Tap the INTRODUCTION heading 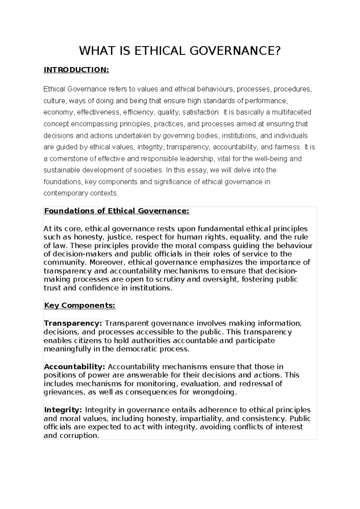point(76,70)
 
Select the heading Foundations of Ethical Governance point(117,211)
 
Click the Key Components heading point(79,306)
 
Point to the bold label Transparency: point(73,323)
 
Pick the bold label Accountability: point(75,366)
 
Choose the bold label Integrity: point(63,410)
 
